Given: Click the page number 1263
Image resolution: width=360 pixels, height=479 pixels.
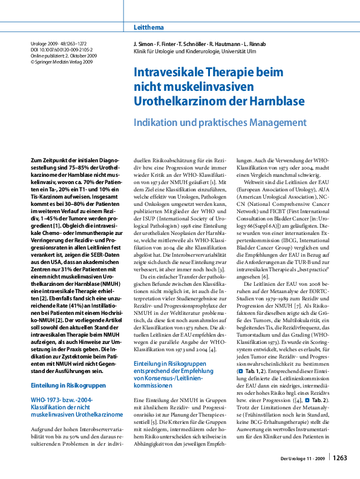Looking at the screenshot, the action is [340, 458].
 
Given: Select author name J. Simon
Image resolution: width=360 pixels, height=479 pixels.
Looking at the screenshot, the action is [145, 45].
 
